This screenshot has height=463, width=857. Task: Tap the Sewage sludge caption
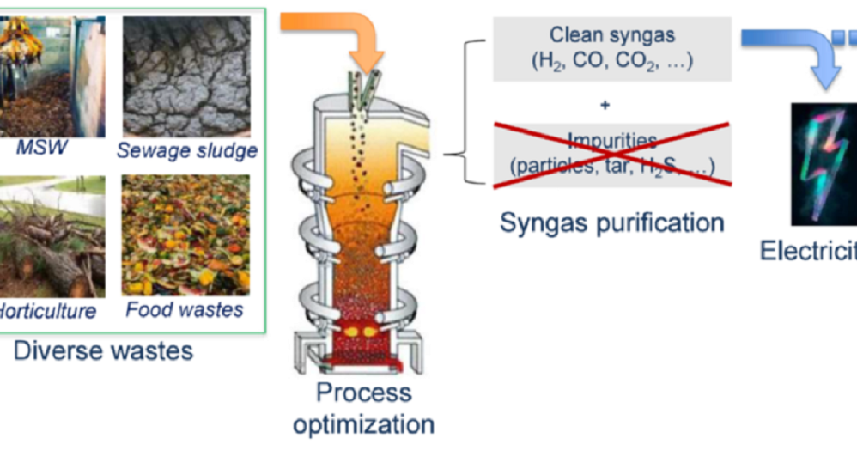point(186,151)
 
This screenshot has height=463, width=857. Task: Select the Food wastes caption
point(185,309)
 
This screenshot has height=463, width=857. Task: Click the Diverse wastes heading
point(103,350)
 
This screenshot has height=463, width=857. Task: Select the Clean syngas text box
point(611,49)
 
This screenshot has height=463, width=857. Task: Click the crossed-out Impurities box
point(611,153)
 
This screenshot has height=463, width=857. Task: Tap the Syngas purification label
point(611,223)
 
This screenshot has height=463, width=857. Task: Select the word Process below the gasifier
point(363,393)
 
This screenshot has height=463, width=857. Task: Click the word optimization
point(363,423)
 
